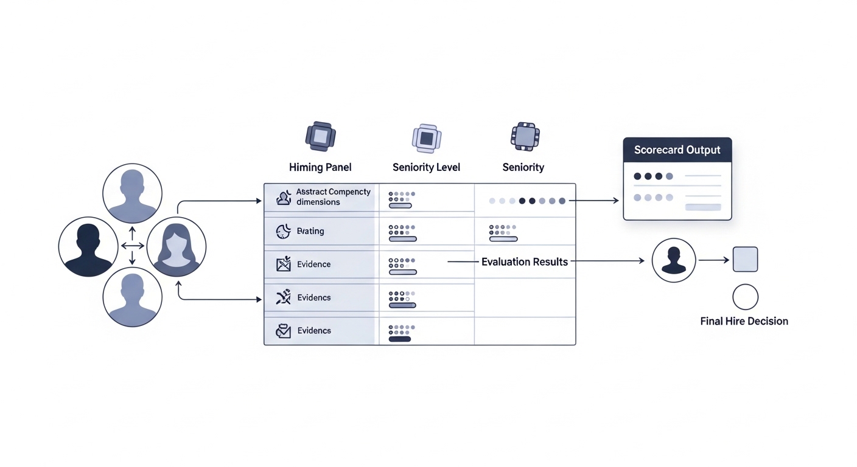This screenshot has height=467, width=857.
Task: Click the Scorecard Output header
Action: pyautogui.click(x=677, y=150)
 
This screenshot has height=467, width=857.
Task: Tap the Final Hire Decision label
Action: pyautogui.click(x=744, y=321)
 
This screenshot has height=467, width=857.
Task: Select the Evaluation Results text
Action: pyautogui.click(x=525, y=262)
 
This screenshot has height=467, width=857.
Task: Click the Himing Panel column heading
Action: pyautogui.click(x=320, y=167)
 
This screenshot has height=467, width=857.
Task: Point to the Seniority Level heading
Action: pyautogui.click(x=426, y=167)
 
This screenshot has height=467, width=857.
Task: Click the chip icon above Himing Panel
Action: pyautogui.click(x=321, y=136)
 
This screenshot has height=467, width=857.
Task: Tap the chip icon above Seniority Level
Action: pyautogui.click(x=427, y=138)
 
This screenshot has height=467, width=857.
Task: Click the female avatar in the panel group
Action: pyautogui.click(x=177, y=247)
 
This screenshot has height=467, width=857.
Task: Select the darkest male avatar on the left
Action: pyautogui.click(x=88, y=247)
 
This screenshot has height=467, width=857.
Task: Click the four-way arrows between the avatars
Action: pyautogui.click(x=132, y=246)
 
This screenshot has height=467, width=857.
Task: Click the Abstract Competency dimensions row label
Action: pyautogui.click(x=333, y=197)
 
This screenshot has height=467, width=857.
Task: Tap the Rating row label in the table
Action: pyautogui.click(x=310, y=231)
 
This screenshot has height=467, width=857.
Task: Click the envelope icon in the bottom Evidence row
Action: pyautogui.click(x=283, y=331)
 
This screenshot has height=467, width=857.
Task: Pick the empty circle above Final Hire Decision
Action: pyautogui.click(x=745, y=297)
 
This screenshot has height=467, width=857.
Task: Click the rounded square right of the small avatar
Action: pyautogui.click(x=745, y=259)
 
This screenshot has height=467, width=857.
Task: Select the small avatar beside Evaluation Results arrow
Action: pyautogui.click(x=674, y=260)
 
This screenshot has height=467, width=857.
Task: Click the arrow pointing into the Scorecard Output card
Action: pyautogui.click(x=594, y=200)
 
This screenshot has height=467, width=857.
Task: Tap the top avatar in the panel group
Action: pyautogui.click(x=132, y=193)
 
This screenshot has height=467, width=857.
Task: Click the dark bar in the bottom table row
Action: pyautogui.click(x=399, y=339)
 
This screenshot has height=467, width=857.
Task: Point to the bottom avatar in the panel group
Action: pyautogui.click(x=132, y=297)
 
